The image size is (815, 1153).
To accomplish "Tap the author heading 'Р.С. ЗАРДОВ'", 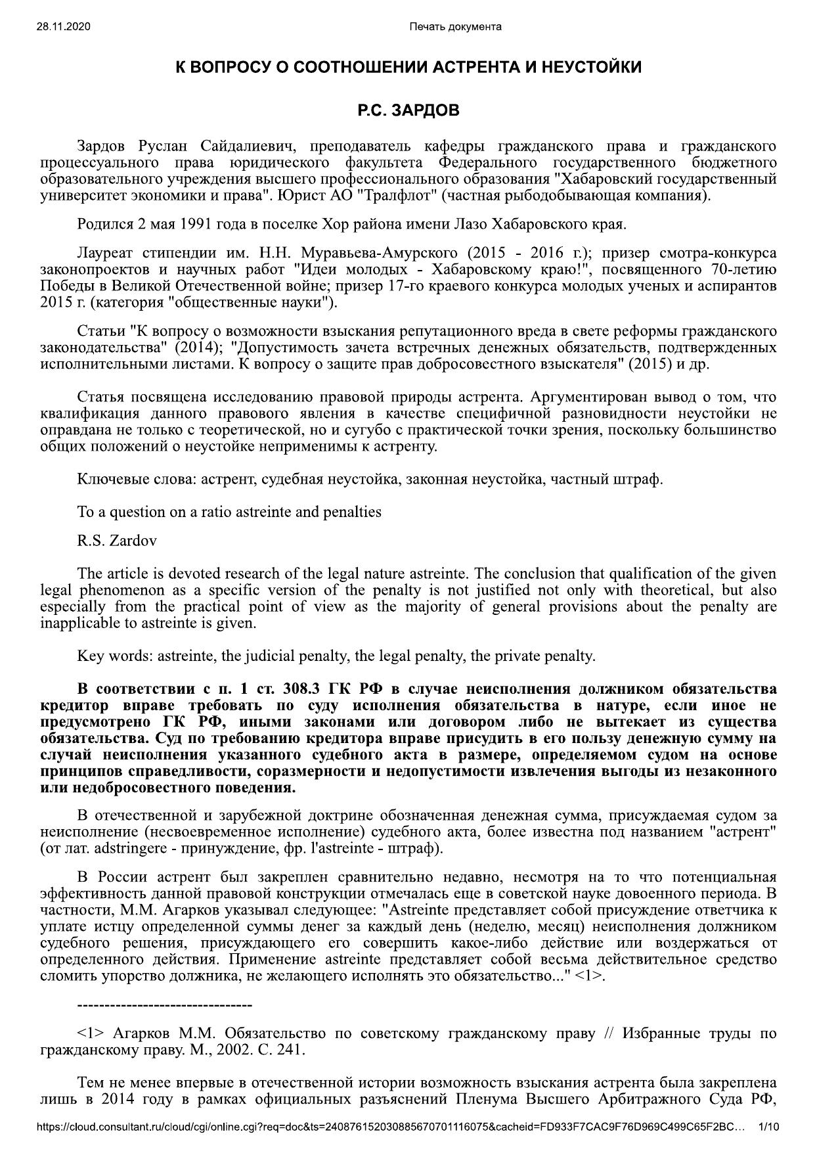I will (x=407, y=110).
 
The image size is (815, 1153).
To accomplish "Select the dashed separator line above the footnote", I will (x=164, y=1005).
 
